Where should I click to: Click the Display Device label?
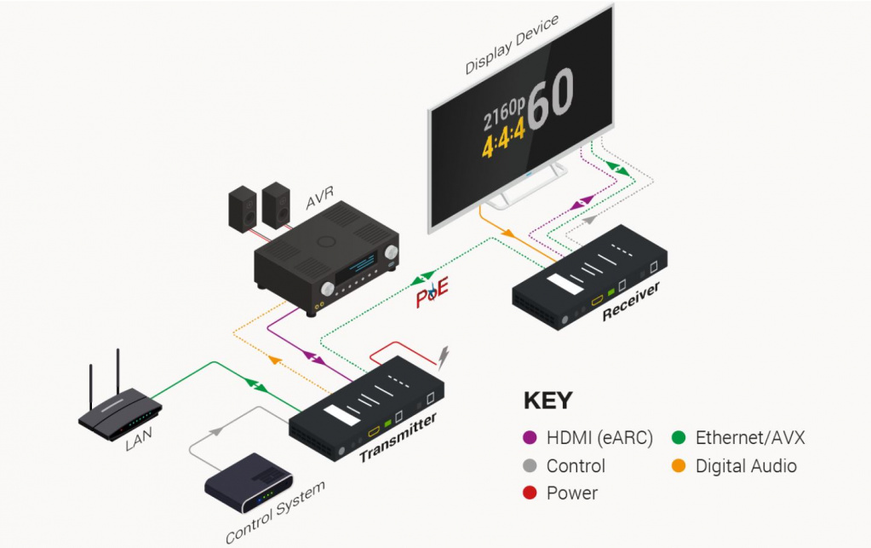[512, 44]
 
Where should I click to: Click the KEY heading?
[547, 401]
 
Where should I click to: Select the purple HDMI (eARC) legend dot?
[529, 439]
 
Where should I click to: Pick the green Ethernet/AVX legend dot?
[678, 439]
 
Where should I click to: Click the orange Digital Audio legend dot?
[678, 466]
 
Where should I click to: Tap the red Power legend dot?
[529, 493]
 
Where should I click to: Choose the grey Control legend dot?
[529, 466]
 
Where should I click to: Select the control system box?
[249, 482]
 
